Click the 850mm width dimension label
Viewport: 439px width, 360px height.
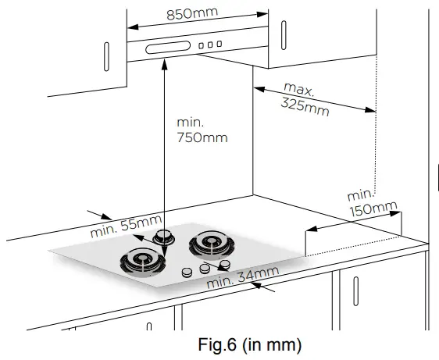pyautogui.click(x=192, y=14)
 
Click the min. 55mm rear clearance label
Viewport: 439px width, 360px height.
pyautogui.click(x=126, y=226)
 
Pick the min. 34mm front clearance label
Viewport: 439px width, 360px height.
pyautogui.click(x=243, y=277)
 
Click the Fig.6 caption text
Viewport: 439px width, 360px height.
pyautogui.click(x=250, y=344)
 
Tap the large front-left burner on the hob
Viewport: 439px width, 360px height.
pyautogui.click(x=142, y=262)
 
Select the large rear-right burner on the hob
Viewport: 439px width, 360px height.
pyautogui.click(x=212, y=244)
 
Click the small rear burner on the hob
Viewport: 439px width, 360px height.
pyautogui.click(x=163, y=237)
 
